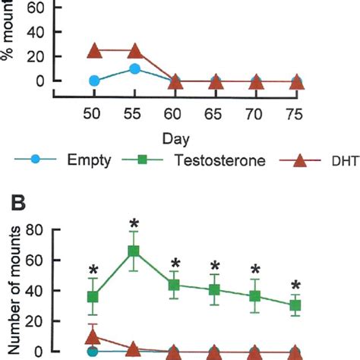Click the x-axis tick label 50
[93, 111]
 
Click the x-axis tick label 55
[134, 111]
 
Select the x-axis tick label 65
[216, 111]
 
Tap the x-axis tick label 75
[297, 111]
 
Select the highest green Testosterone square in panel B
[134, 251]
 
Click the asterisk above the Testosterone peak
[134, 223]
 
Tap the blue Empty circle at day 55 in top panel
[134, 68]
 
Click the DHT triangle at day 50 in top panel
[94, 51]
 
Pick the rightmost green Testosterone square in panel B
[296, 305]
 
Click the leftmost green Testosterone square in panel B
[93, 297]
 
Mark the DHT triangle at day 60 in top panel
[175, 81]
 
